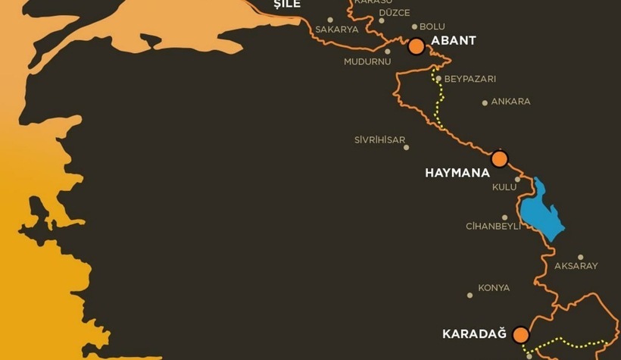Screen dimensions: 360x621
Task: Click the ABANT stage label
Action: [453, 41]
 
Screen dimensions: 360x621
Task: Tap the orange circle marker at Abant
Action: [416, 47]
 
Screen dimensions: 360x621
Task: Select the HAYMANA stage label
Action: [457, 173]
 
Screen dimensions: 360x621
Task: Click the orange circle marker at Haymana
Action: [499, 159]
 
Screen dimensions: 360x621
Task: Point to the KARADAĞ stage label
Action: [473, 334]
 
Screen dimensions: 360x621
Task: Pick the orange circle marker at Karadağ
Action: [520, 335]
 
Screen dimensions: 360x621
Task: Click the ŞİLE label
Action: [287, 5]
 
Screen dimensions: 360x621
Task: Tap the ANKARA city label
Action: [510, 102]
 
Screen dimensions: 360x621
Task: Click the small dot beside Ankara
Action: [485, 103]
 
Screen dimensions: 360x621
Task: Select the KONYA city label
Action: [494, 288]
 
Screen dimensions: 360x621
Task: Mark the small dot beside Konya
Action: [470, 295]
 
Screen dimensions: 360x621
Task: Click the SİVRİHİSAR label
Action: [379, 140]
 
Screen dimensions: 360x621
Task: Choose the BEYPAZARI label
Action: [470, 80]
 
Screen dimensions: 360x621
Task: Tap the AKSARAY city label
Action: [576, 266]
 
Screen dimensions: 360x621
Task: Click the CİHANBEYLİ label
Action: [493, 227]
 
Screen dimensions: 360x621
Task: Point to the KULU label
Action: [504, 187]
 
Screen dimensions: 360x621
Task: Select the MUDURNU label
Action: [367, 62]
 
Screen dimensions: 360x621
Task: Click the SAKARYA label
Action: [337, 30]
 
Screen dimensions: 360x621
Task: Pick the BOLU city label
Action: [432, 27]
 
